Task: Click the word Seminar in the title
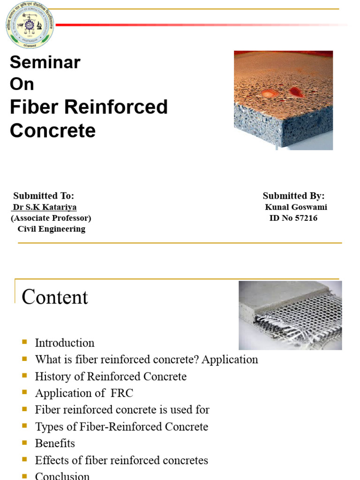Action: coord(45,62)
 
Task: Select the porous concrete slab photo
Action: coord(283,100)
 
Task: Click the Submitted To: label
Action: coord(44,196)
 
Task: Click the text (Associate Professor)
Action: coord(51,218)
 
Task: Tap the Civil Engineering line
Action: coord(51,229)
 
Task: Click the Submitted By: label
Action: coord(293,196)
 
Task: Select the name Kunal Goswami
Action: coord(296,207)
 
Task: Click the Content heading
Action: coord(55,297)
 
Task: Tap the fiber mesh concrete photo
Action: coord(290,315)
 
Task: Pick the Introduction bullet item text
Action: coord(65,343)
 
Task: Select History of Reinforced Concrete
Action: coord(111,376)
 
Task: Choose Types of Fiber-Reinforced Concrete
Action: coord(121,427)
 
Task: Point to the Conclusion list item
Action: coord(62,475)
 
